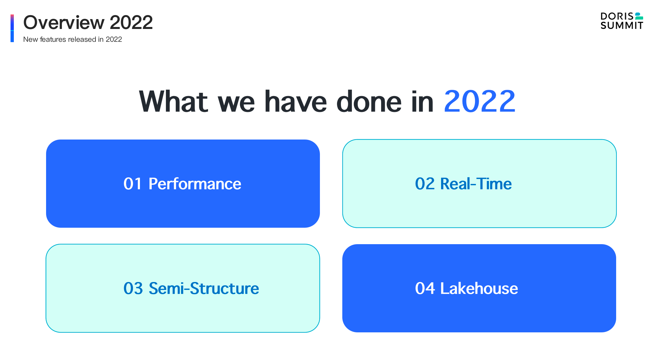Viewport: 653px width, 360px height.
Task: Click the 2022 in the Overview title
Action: [131, 23]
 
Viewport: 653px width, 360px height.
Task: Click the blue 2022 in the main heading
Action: [479, 102]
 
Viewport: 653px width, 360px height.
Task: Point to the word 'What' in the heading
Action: [173, 102]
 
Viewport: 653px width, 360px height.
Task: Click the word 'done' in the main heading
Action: [369, 102]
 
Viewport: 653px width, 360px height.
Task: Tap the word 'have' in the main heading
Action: [295, 102]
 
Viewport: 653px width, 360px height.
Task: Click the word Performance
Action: [195, 184]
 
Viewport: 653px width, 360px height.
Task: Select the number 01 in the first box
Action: [132, 184]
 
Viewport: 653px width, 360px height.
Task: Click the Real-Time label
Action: [476, 184]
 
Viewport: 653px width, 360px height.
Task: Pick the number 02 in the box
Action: [425, 184]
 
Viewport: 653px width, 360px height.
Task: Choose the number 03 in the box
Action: [133, 289]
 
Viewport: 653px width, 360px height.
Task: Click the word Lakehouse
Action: [479, 289]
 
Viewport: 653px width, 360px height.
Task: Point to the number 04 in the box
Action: [425, 289]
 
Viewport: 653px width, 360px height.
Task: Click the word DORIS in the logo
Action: [617, 16]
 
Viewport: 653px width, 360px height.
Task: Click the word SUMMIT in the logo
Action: [621, 26]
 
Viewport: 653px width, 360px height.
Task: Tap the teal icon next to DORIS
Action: [639, 16]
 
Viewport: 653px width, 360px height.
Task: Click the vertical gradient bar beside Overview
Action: [12, 28]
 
